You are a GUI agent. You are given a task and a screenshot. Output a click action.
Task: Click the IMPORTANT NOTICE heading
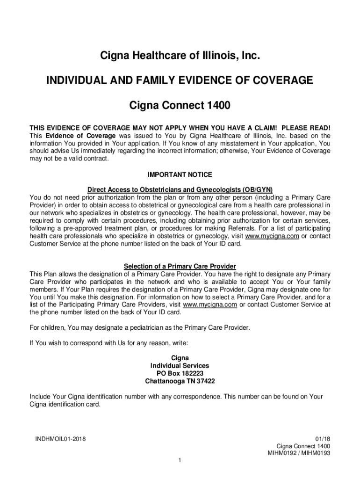point(180,174)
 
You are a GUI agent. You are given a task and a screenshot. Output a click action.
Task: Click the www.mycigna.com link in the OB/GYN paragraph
point(272,236)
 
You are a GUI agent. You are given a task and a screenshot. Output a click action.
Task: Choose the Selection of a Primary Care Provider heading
point(180,266)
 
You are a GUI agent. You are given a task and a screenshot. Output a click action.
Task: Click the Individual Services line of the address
point(180,365)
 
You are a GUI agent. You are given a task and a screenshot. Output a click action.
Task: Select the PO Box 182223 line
point(180,373)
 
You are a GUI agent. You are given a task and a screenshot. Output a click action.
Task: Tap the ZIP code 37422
point(205,381)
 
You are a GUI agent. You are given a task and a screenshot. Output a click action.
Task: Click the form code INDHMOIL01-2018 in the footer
point(60,439)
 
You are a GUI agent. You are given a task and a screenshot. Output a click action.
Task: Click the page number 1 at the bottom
point(180,461)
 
